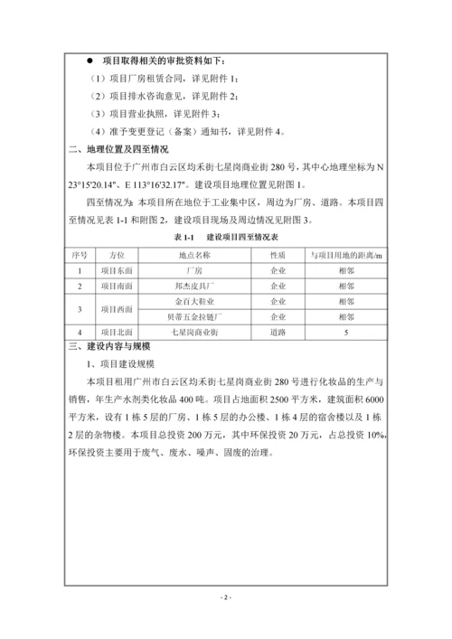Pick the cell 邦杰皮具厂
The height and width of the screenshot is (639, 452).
click(x=193, y=286)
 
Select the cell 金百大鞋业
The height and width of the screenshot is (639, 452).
click(x=193, y=301)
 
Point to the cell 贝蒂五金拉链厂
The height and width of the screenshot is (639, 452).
click(x=193, y=317)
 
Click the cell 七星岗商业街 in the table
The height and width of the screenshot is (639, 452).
click(x=193, y=333)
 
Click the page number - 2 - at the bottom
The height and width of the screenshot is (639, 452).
click(x=226, y=597)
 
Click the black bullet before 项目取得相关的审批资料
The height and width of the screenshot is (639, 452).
click(x=89, y=62)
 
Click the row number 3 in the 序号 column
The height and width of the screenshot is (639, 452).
click(x=80, y=309)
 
